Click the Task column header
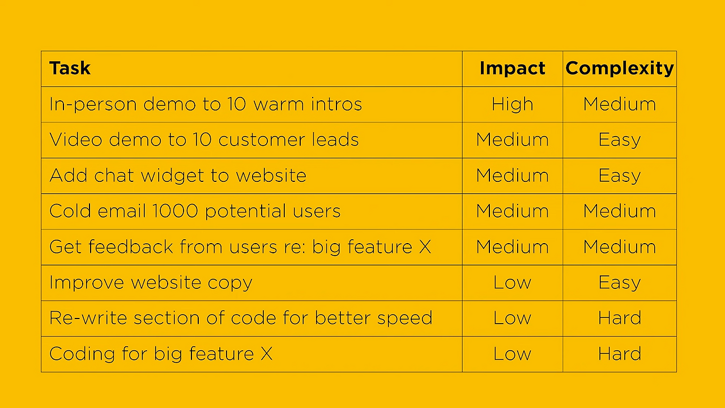(x=70, y=69)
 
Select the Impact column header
(x=513, y=69)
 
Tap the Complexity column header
(x=620, y=69)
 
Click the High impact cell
(x=513, y=104)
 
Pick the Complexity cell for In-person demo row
(x=620, y=104)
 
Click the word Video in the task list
(x=76, y=140)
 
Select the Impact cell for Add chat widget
(x=513, y=176)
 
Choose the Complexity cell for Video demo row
(x=620, y=140)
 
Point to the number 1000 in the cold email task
(x=175, y=211)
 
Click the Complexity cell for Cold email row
(x=620, y=211)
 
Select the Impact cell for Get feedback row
(x=513, y=246)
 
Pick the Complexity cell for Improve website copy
(x=620, y=283)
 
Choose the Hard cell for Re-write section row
(x=620, y=318)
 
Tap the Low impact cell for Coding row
(x=513, y=354)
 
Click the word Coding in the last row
(x=82, y=354)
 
